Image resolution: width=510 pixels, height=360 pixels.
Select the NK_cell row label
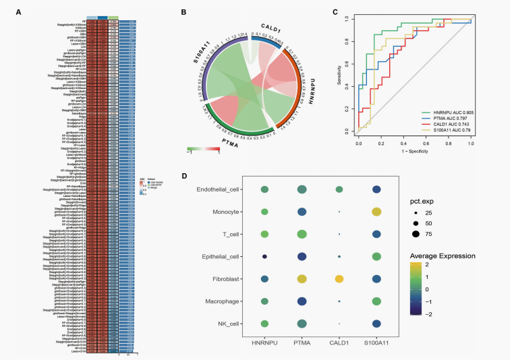(x=220, y=324)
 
